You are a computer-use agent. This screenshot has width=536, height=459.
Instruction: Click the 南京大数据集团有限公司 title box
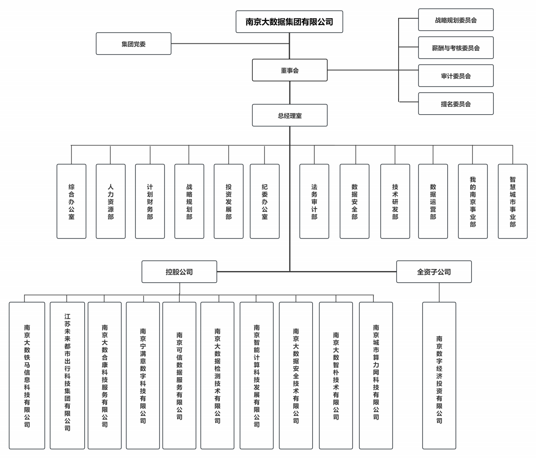(289, 22)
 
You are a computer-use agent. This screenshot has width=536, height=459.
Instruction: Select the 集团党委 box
(133, 44)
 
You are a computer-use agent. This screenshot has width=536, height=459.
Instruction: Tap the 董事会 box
(289, 70)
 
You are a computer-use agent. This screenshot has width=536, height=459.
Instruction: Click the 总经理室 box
(289, 115)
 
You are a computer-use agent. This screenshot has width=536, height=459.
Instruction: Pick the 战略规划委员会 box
(456, 20)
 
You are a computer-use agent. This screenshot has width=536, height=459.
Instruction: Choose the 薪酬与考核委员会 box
(456, 48)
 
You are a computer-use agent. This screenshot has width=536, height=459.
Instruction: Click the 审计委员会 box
(456, 76)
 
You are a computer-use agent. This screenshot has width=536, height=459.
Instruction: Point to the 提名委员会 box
(456, 104)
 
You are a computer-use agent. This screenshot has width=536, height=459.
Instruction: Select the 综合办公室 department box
(71, 201)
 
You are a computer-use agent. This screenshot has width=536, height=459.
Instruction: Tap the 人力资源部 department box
(111, 201)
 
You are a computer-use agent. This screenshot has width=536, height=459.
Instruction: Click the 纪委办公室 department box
(265, 201)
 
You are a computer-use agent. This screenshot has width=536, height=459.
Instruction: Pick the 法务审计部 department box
(314, 201)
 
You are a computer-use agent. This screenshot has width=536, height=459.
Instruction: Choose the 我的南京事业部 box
(473, 201)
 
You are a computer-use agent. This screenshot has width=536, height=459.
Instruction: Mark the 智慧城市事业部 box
(512, 201)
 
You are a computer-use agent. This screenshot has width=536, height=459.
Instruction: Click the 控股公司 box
(179, 272)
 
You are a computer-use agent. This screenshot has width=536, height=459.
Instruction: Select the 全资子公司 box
(434, 272)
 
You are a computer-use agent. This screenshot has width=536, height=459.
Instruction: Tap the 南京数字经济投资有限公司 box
(439, 376)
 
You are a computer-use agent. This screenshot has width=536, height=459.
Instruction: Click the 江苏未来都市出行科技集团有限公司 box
(67, 376)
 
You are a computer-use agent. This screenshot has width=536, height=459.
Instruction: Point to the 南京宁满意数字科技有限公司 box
(143, 376)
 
